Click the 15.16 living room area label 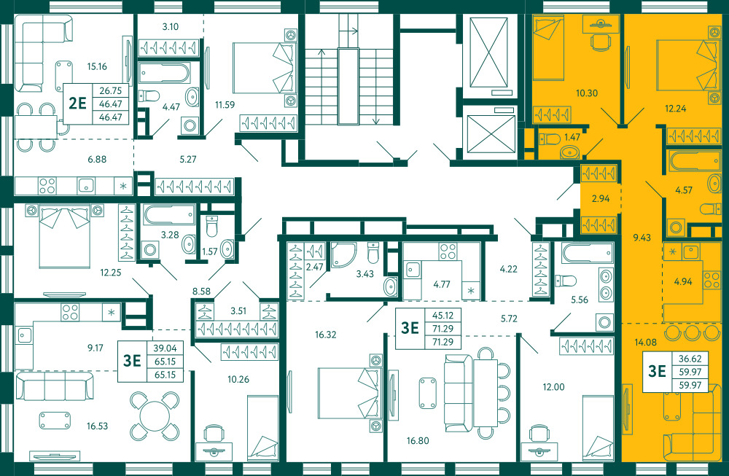click(97, 66)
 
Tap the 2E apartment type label click(78, 103)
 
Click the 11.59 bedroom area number click(225, 104)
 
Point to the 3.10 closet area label click(170, 26)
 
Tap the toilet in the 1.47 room click(549, 138)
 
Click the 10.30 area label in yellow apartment click(587, 93)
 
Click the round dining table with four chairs click(155, 416)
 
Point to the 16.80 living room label click(418, 441)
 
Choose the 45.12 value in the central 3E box click(443, 315)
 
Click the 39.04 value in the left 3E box click(165, 348)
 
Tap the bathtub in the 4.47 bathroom click(164, 73)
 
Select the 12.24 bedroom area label click(676, 109)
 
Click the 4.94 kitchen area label click(683, 281)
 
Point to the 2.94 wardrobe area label click(601, 198)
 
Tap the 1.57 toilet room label click(210, 251)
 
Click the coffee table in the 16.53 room click(55, 420)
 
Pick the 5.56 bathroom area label click(580, 300)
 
